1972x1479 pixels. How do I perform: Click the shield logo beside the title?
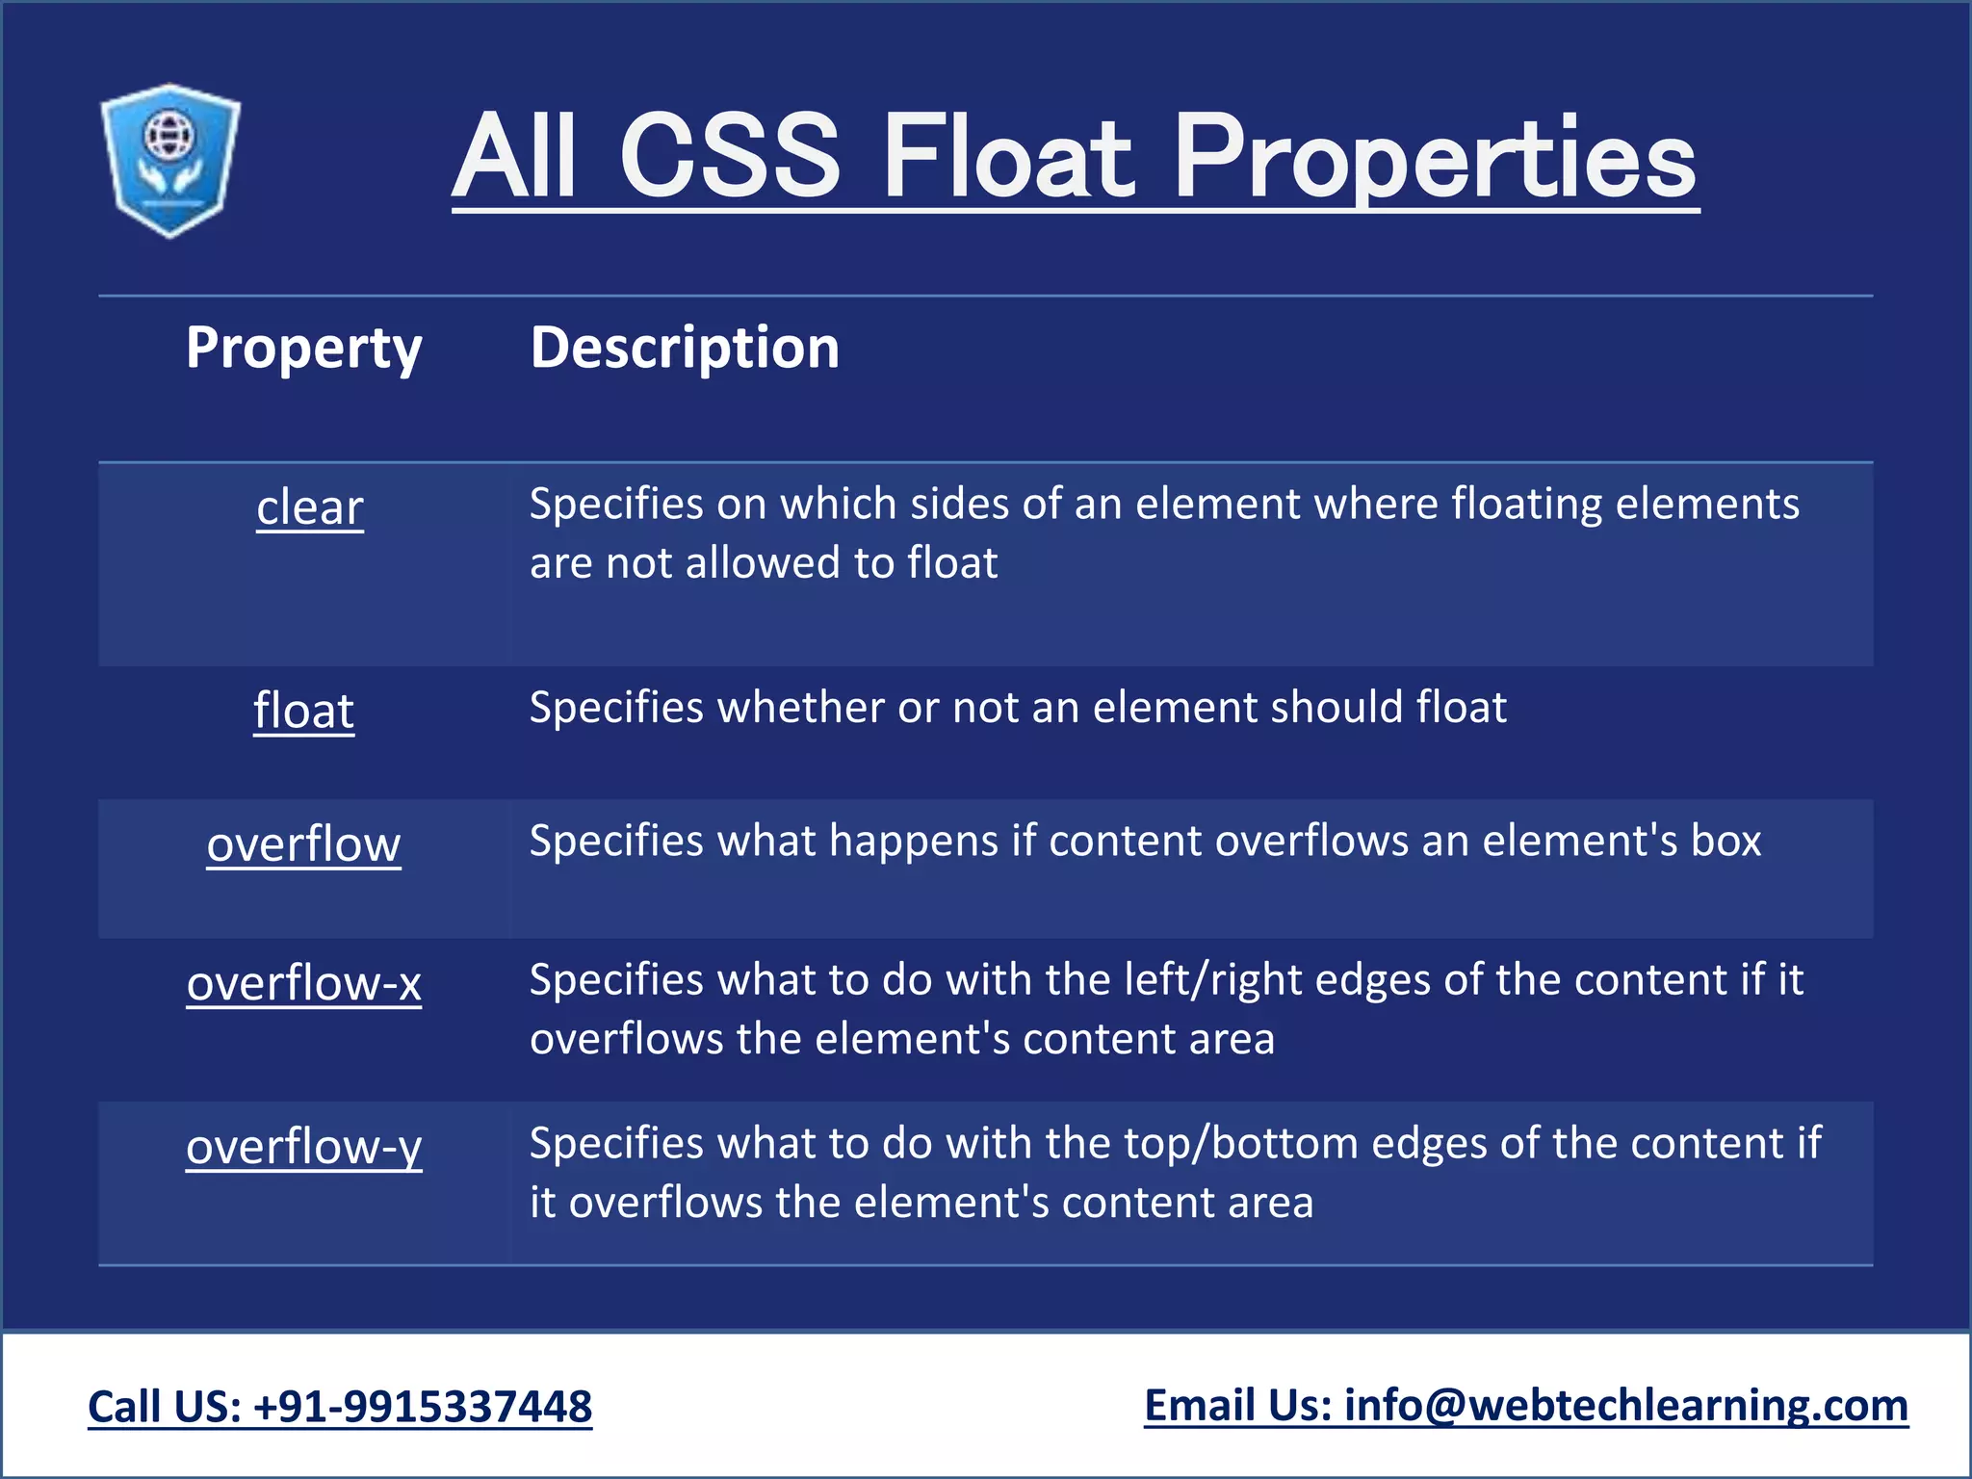tap(170, 160)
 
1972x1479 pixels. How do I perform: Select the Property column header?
tap(303, 348)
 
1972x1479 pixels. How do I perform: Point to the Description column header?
tap(685, 348)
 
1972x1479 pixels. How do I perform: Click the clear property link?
tap(310, 507)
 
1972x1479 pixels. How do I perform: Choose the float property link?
tap(304, 711)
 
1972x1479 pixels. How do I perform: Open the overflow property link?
tap(303, 844)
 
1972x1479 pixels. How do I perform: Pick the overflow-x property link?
tap(304, 983)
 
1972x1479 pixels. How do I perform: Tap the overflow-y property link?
tap(304, 1147)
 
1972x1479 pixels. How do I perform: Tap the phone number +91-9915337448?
tap(423, 1407)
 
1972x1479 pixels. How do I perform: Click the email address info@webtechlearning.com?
tap(1625, 1406)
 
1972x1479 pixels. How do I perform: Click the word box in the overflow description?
tap(1726, 841)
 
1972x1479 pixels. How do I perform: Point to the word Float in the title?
tap(1006, 156)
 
